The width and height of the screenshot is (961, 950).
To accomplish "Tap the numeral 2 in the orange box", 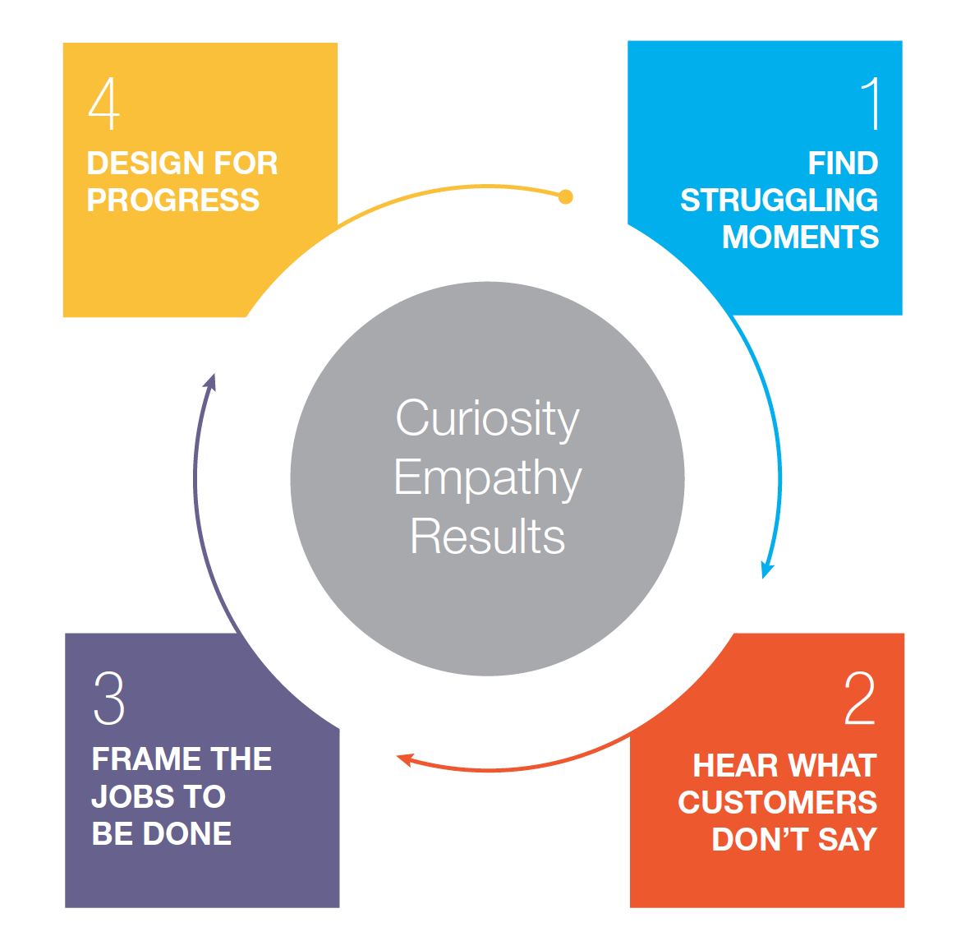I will [860, 699].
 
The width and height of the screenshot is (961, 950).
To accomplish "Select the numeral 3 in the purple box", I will [109, 699].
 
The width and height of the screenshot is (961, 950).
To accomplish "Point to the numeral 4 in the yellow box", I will [104, 104].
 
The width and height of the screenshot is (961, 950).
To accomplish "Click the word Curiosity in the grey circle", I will [487, 419].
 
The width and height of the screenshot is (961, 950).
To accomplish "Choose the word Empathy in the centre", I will [487, 478].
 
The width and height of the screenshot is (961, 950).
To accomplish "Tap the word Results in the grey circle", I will [487, 537].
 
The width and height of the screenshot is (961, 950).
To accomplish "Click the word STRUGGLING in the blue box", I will [779, 201].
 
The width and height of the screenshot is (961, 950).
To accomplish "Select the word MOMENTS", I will [800, 237].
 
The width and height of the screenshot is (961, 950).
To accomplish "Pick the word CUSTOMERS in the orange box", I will [777, 803].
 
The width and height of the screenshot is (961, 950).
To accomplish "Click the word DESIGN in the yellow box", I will [133, 164].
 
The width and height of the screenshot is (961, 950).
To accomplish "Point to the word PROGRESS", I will [172, 201].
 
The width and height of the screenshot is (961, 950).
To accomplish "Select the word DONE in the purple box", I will [187, 834].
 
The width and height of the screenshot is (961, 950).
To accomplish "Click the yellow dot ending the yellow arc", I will [565, 197].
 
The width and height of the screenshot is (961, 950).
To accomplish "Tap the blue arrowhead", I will [767, 570].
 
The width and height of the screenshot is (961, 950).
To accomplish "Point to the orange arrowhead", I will [404, 759].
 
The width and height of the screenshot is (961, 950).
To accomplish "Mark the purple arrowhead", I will [211, 382].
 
